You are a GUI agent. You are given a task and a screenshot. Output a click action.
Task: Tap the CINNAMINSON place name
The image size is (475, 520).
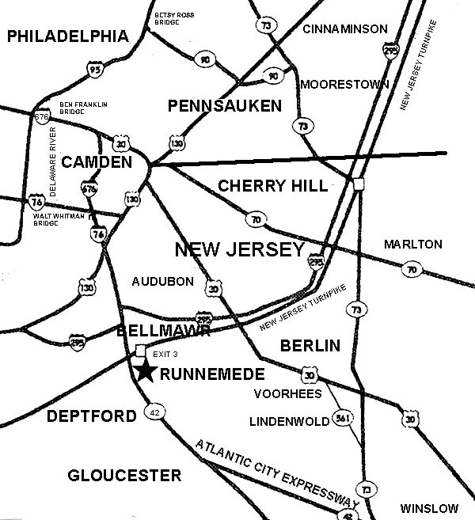tap(345, 29)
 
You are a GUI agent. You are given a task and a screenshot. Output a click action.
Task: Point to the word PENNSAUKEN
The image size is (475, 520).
tap(224, 105)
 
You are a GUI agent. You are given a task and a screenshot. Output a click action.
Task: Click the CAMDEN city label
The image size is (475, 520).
tap(98, 162)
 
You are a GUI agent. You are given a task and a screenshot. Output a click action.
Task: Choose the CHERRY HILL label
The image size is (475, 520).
tap(272, 185)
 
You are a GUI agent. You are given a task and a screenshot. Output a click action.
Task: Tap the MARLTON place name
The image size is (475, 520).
tap(412, 245)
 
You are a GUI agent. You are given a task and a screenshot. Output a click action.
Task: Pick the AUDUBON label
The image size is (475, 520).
tap(163, 281)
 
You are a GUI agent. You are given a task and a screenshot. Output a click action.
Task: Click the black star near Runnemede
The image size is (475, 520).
tap(143, 370)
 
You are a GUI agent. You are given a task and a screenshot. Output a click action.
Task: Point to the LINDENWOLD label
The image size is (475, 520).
tap(289, 421)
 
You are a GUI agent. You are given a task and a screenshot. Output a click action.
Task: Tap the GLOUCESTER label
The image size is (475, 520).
tap(124, 476)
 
